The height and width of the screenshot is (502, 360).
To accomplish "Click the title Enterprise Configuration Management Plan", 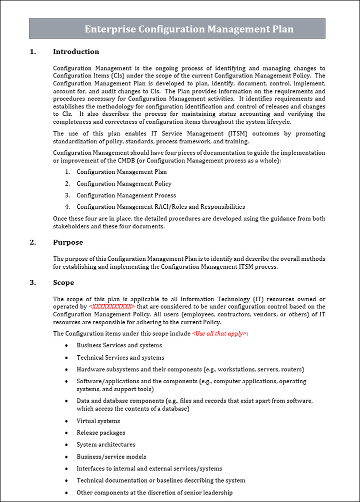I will click(188, 29).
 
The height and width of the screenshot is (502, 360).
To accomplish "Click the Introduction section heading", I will click(76, 51).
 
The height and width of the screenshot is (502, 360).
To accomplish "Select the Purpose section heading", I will click(68, 242).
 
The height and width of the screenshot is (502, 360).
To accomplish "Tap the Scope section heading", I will click(63, 283).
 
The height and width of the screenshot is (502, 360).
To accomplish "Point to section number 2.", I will click(32, 242).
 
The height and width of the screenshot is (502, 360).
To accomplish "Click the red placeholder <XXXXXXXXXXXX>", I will click(111, 307).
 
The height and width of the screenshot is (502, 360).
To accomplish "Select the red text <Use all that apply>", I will click(219, 334).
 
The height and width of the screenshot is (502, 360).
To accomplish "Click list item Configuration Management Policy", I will click(123, 184).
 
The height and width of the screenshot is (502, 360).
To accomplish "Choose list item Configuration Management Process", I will click(126, 195).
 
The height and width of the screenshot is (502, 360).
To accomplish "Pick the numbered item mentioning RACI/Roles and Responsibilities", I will click(160, 207).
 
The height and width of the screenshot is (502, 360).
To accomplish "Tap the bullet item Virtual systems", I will click(98, 421).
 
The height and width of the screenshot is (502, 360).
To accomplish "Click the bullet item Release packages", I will click(100, 433).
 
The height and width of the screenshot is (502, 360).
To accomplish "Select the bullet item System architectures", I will click(105, 445).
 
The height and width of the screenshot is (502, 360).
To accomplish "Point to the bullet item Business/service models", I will click(111, 457).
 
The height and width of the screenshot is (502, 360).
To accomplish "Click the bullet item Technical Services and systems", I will click(120, 358).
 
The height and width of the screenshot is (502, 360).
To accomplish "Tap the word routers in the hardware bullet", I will click(291, 370).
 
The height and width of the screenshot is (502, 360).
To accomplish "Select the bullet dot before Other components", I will click(67, 493).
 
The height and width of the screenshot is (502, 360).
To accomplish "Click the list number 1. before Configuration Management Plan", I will click(67, 172).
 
